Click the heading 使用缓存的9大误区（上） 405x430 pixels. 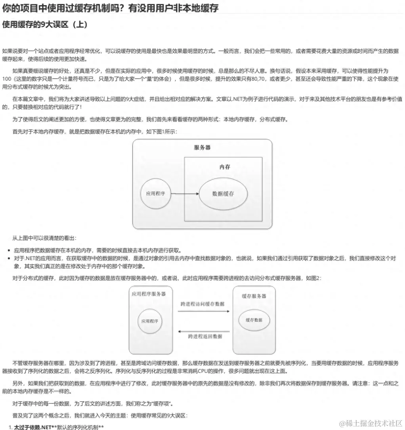click(45, 25)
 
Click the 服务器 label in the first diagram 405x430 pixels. click(202, 148)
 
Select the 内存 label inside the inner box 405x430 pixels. click(225, 167)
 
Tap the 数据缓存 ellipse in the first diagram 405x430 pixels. click(223, 194)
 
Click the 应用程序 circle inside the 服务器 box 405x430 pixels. click(156, 194)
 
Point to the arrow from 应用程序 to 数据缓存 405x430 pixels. click(185, 194)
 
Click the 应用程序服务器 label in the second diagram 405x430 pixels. click(149, 294)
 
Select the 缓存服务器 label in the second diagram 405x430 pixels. click(254, 296)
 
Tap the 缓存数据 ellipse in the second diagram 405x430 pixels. click(254, 320)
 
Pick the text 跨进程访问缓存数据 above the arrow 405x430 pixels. click(202, 304)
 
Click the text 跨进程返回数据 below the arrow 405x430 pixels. click(205, 336)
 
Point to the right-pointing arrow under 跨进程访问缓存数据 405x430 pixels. click(203, 311)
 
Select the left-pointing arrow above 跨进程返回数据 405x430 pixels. click(203, 331)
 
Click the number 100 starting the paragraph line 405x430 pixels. click(7, 78)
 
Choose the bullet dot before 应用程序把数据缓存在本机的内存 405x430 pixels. click(9, 251)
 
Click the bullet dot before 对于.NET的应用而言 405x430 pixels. click(9, 258)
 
